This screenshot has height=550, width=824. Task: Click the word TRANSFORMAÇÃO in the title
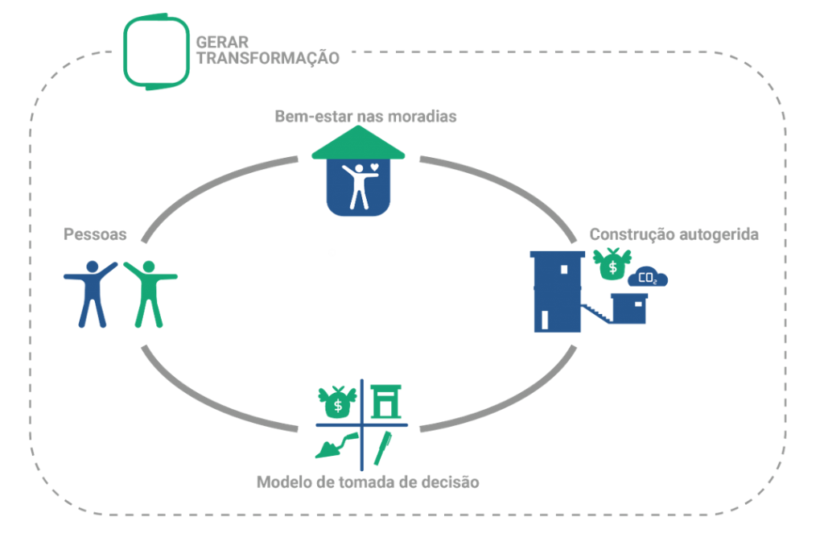(x=268, y=58)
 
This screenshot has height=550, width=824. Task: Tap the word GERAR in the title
(x=222, y=42)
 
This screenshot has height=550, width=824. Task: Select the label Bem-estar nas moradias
(x=366, y=116)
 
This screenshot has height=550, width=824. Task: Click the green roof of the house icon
(x=358, y=144)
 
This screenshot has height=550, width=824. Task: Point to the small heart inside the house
(x=374, y=167)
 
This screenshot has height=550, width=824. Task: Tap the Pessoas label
(x=95, y=234)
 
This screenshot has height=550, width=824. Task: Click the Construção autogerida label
(x=674, y=234)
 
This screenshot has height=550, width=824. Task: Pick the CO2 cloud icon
(x=648, y=277)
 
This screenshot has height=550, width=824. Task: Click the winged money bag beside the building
(x=612, y=264)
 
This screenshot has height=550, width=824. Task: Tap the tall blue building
(x=557, y=292)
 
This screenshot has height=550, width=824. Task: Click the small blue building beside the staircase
(x=629, y=308)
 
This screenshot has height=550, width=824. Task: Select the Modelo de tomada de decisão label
(x=368, y=482)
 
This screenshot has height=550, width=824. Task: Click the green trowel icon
(x=337, y=446)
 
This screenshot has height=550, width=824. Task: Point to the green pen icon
(x=383, y=448)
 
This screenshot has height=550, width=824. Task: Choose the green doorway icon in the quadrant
(x=386, y=402)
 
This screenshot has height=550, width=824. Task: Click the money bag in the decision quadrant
(x=337, y=403)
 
